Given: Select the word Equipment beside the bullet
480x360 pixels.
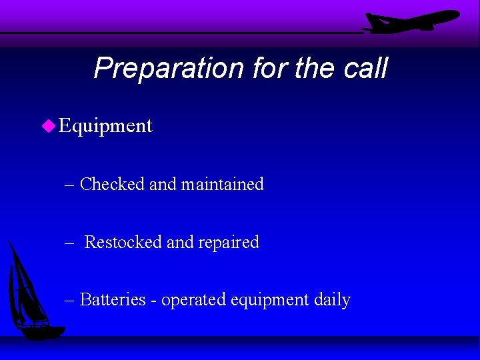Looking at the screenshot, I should (x=105, y=125).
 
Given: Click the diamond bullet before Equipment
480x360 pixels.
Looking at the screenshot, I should (x=48, y=125).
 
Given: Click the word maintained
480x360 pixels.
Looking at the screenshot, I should (x=223, y=184).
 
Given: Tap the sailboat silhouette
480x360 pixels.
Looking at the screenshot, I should (x=30, y=293).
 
